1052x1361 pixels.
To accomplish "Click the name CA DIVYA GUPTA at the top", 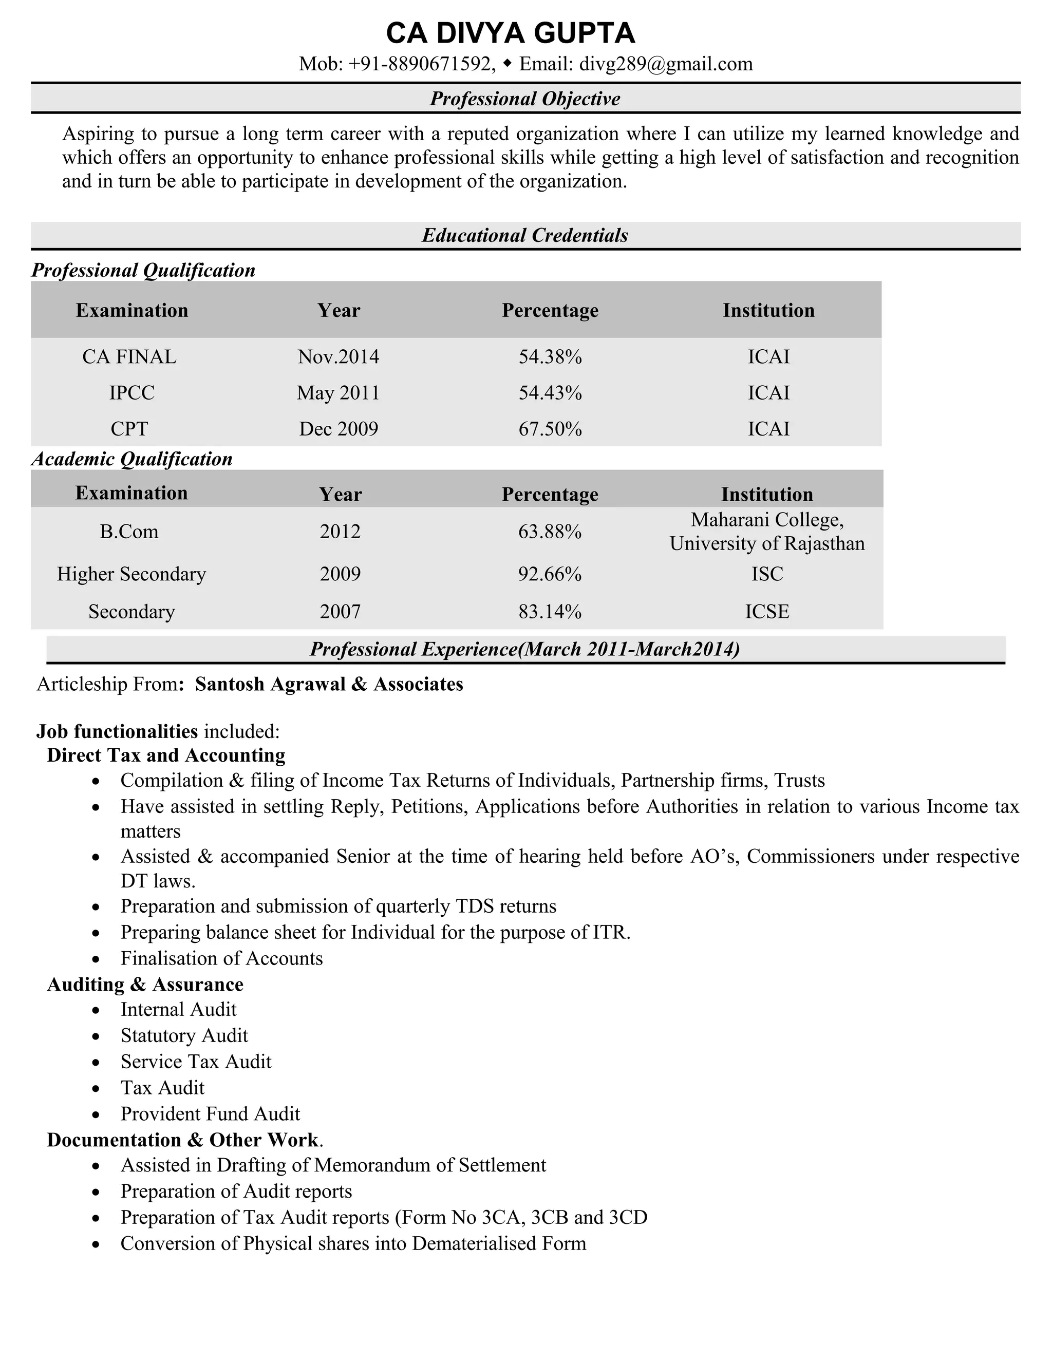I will click(x=511, y=33).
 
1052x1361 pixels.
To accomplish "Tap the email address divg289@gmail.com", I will click(x=666, y=64).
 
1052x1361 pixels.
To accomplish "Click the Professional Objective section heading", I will click(x=525, y=99).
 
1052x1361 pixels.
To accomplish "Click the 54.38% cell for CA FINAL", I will click(x=550, y=356).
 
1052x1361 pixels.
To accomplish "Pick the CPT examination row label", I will click(x=129, y=429).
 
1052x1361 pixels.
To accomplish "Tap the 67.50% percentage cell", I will click(x=550, y=429).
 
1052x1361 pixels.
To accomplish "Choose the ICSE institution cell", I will click(x=767, y=611).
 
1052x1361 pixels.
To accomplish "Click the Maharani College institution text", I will click(x=767, y=520).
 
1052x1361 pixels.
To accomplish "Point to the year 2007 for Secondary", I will click(x=340, y=611).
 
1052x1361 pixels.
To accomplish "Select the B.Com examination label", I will click(x=129, y=532).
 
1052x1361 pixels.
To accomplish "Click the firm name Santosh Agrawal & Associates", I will click(x=329, y=684).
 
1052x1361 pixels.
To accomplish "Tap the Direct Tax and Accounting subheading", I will click(x=166, y=755).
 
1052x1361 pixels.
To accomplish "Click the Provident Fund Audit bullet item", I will click(x=210, y=1113).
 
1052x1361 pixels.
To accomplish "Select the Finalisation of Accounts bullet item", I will click(x=221, y=958).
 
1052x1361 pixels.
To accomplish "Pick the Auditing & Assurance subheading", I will click(x=145, y=984).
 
